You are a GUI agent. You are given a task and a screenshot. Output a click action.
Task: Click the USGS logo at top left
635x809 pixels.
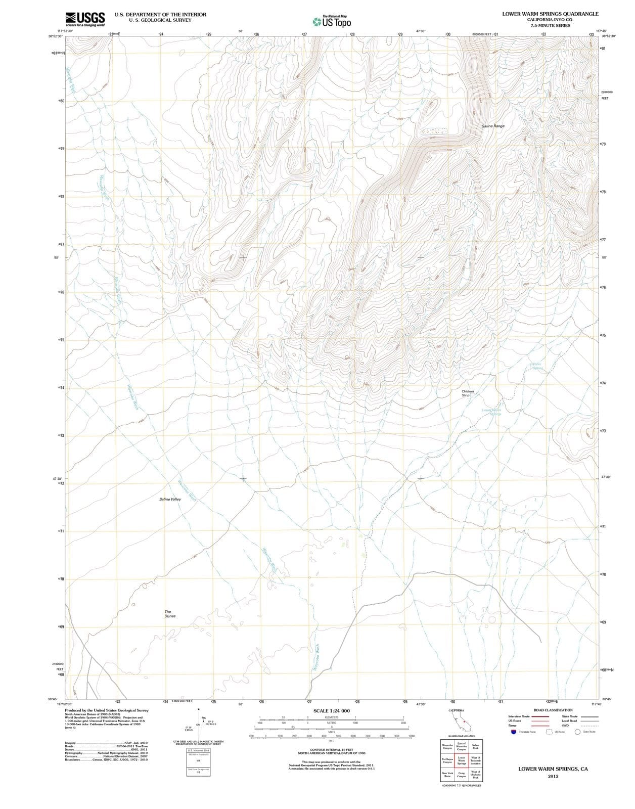click(x=85, y=19)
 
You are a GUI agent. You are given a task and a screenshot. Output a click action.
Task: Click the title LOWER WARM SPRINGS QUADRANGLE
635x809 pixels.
click(x=550, y=14)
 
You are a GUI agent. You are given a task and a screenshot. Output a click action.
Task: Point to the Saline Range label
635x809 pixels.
click(x=493, y=126)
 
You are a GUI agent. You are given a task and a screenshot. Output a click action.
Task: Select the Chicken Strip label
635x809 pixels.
click(x=468, y=393)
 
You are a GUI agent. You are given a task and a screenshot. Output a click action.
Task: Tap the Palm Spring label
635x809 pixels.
click(x=537, y=366)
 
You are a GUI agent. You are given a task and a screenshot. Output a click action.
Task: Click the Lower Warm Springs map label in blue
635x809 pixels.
click(x=491, y=412)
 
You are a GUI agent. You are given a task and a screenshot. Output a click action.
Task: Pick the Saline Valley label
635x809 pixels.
click(x=170, y=499)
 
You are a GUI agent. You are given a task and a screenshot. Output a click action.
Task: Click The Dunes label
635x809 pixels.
click(x=170, y=614)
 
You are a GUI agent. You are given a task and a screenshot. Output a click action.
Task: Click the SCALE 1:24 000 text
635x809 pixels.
click(x=331, y=711)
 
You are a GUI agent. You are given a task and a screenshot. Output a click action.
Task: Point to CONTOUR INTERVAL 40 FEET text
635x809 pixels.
click(x=331, y=751)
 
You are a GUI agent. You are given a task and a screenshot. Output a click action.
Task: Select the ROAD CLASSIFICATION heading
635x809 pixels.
click(x=553, y=710)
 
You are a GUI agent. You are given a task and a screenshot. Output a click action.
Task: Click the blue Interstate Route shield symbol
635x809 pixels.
click(x=513, y=732)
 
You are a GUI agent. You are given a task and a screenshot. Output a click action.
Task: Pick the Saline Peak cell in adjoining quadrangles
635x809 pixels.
click(x=475, y=746)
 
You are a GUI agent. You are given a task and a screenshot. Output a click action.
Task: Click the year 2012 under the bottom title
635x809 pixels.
click(x=553, y=777)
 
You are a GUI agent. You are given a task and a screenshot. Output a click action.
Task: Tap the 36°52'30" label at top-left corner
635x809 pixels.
click(x=56, y=36)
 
